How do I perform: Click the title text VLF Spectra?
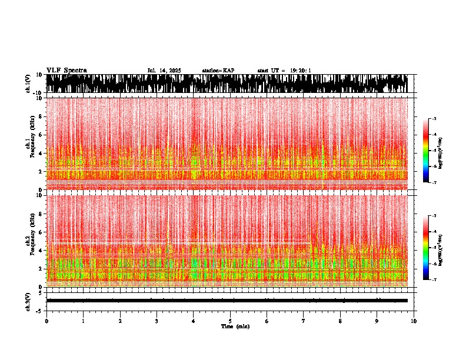(66, 70)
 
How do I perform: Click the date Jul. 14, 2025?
(164, 71)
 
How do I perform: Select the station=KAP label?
(218, 71)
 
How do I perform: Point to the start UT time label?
(284, 71)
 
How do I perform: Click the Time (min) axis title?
(235, 326)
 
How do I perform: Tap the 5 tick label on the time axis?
(230, 321)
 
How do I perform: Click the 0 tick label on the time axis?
(46, 321)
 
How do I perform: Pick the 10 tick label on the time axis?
(414, 321)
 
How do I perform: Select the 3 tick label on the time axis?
(157, 321)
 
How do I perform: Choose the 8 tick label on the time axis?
(340, 321)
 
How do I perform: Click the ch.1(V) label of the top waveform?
(28, 84)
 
